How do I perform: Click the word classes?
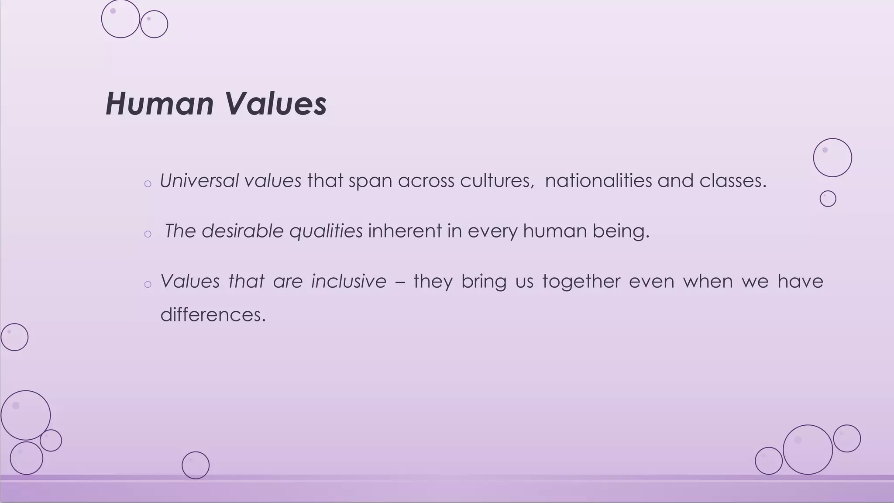coord(732,181)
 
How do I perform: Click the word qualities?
coord(326,231)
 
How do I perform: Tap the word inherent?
coord(405,231)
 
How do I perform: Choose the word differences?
coord(213,314)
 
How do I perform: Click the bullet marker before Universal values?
coord(148,184)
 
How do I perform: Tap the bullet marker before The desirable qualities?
coord(148,234)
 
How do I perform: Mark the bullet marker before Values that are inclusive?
coord(148,285)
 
